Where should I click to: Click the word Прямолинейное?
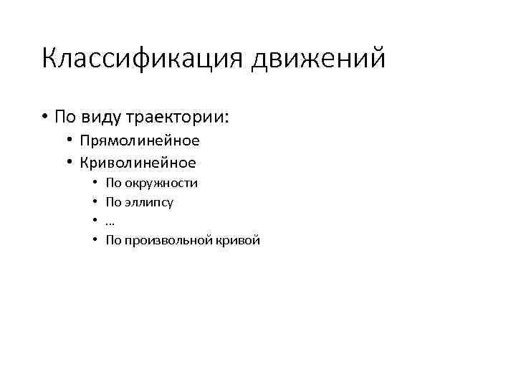pos(139,141)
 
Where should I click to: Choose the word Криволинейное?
pos(138,163)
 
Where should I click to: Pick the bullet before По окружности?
pos(95,183)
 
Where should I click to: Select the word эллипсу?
pos(149,202)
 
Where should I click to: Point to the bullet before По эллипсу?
pos(95,202)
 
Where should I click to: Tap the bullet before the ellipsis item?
pos(95,221)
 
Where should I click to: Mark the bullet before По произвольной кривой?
pos(95,241)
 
